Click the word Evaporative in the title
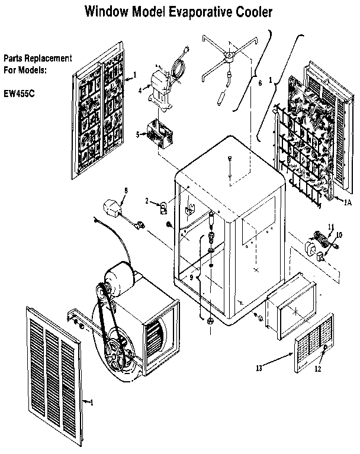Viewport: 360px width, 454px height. pyautogui.click(x=189, y=11)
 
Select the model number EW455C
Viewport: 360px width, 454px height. pyautogui.click(x=20, y=92)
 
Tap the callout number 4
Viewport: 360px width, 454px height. pyautogui.click(x=140, y=91)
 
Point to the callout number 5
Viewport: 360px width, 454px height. pyautogui.click(x=137, y=134)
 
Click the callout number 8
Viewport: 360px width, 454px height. pyautogui.click(x=126, y=189)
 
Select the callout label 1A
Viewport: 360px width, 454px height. pyautogui.click(x=348, y=202)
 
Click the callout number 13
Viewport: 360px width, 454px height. pyautogui.click(x=258, y=368)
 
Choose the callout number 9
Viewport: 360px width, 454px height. pyautogui.click(x=191, y=276)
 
